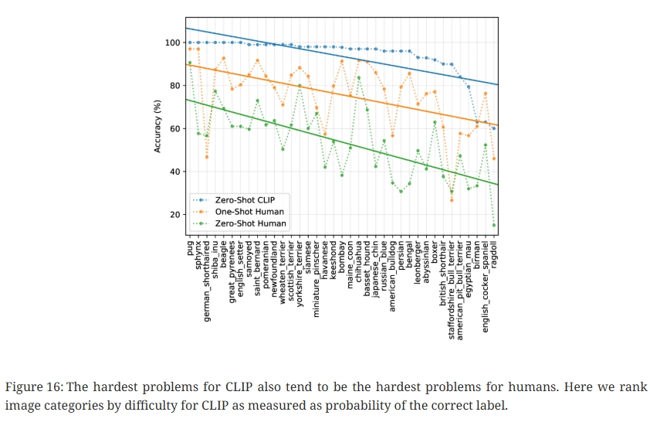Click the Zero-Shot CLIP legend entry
point(244,199)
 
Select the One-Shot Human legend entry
point(249,211)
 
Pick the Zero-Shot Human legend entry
point(249,223)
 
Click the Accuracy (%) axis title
point(157,123)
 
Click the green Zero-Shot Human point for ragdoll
point(494,225)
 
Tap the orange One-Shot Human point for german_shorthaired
point(207,157)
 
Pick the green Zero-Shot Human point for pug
point(190,63)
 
